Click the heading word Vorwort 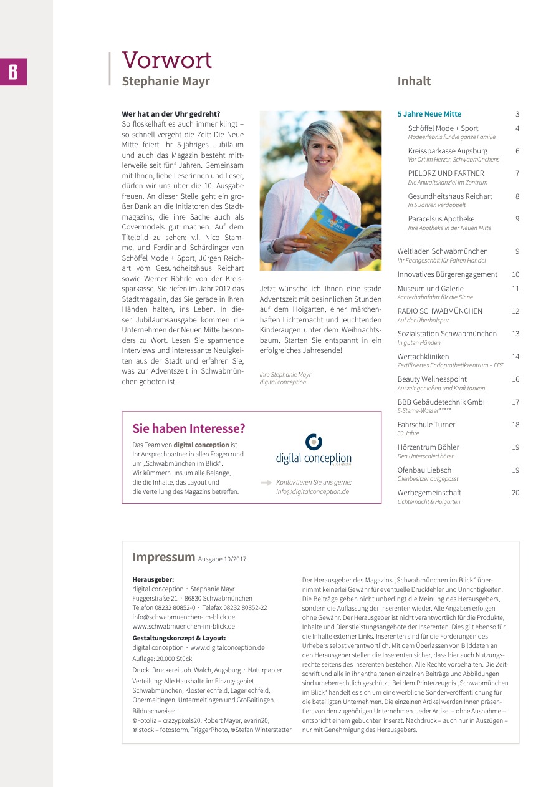coord(166,60)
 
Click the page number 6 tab coord(13,72)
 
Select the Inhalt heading coord(414,81)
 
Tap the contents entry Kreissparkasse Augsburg coord(448,151)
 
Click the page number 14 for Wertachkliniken coord(515,357)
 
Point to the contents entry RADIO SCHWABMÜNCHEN coord(439,311)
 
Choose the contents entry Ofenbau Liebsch coord(424,470)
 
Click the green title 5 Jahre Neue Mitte coord(429,114)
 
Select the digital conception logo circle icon coord(314,442)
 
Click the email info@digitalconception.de coord(312,491)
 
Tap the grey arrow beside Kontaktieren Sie coord(266,483)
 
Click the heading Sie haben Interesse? coord(189,428)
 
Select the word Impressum coord(163,557)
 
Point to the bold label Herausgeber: coord(153,579)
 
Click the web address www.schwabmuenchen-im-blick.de coord(183,626)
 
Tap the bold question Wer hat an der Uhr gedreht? coord(171,114)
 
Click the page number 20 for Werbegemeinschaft coord(515,493)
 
